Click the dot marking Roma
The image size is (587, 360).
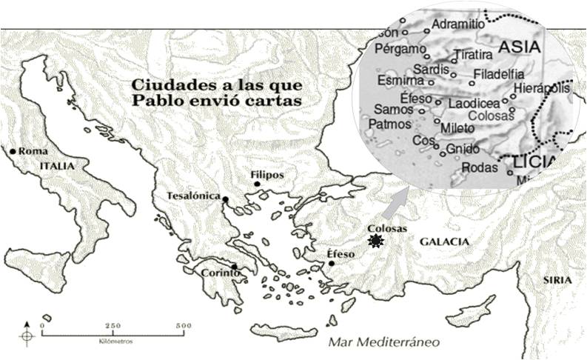13,151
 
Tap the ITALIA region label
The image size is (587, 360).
57,167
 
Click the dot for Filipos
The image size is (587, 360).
256,184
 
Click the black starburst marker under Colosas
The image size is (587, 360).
377,241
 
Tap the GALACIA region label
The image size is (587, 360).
444,242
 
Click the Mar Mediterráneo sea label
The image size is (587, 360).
384,341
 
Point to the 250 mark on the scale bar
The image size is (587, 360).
113,326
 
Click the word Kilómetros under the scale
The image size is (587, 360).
113,342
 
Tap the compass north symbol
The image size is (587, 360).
27,334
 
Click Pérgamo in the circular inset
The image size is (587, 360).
401,50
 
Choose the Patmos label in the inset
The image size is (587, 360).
389,124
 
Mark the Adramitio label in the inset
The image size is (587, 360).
457,24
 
